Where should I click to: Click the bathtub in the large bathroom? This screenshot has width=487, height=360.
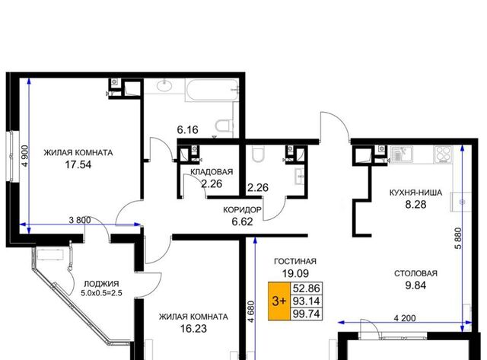tap(212, 90)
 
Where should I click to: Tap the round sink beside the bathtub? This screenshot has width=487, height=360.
tap(164, 85)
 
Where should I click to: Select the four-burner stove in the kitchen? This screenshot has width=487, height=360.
tap(443, 155)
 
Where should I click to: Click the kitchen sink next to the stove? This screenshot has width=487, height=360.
tap(402, 155)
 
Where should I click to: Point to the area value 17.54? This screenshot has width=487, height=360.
tap(78, 164)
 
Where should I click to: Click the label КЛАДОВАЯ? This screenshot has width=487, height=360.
tap(212, 172)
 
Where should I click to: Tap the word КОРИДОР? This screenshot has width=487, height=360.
tap(242, 210)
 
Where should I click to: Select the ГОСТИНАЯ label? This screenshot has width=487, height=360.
tap(295, 262)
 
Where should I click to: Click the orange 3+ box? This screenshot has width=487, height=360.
tap(279, 301)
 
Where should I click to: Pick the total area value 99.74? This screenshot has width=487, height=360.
tap(306, 314)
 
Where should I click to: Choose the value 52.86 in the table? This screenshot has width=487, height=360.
tap(306, 288)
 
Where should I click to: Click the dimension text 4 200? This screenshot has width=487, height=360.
tap(404, 318)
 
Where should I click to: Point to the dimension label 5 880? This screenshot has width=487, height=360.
tap(458, 238)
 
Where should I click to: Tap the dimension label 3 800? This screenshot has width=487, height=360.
tap(80, 220)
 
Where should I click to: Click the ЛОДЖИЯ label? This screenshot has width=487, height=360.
tap(101, 284)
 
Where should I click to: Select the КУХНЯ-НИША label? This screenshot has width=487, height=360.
tap(415, 193)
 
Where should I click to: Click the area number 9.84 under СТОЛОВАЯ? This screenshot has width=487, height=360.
tap(415, 285)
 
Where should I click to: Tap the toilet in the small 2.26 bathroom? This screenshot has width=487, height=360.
tap(257, 154)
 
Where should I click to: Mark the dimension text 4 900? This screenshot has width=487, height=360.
tap(25, 156)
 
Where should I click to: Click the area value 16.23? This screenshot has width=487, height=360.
tap(193, 328)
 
